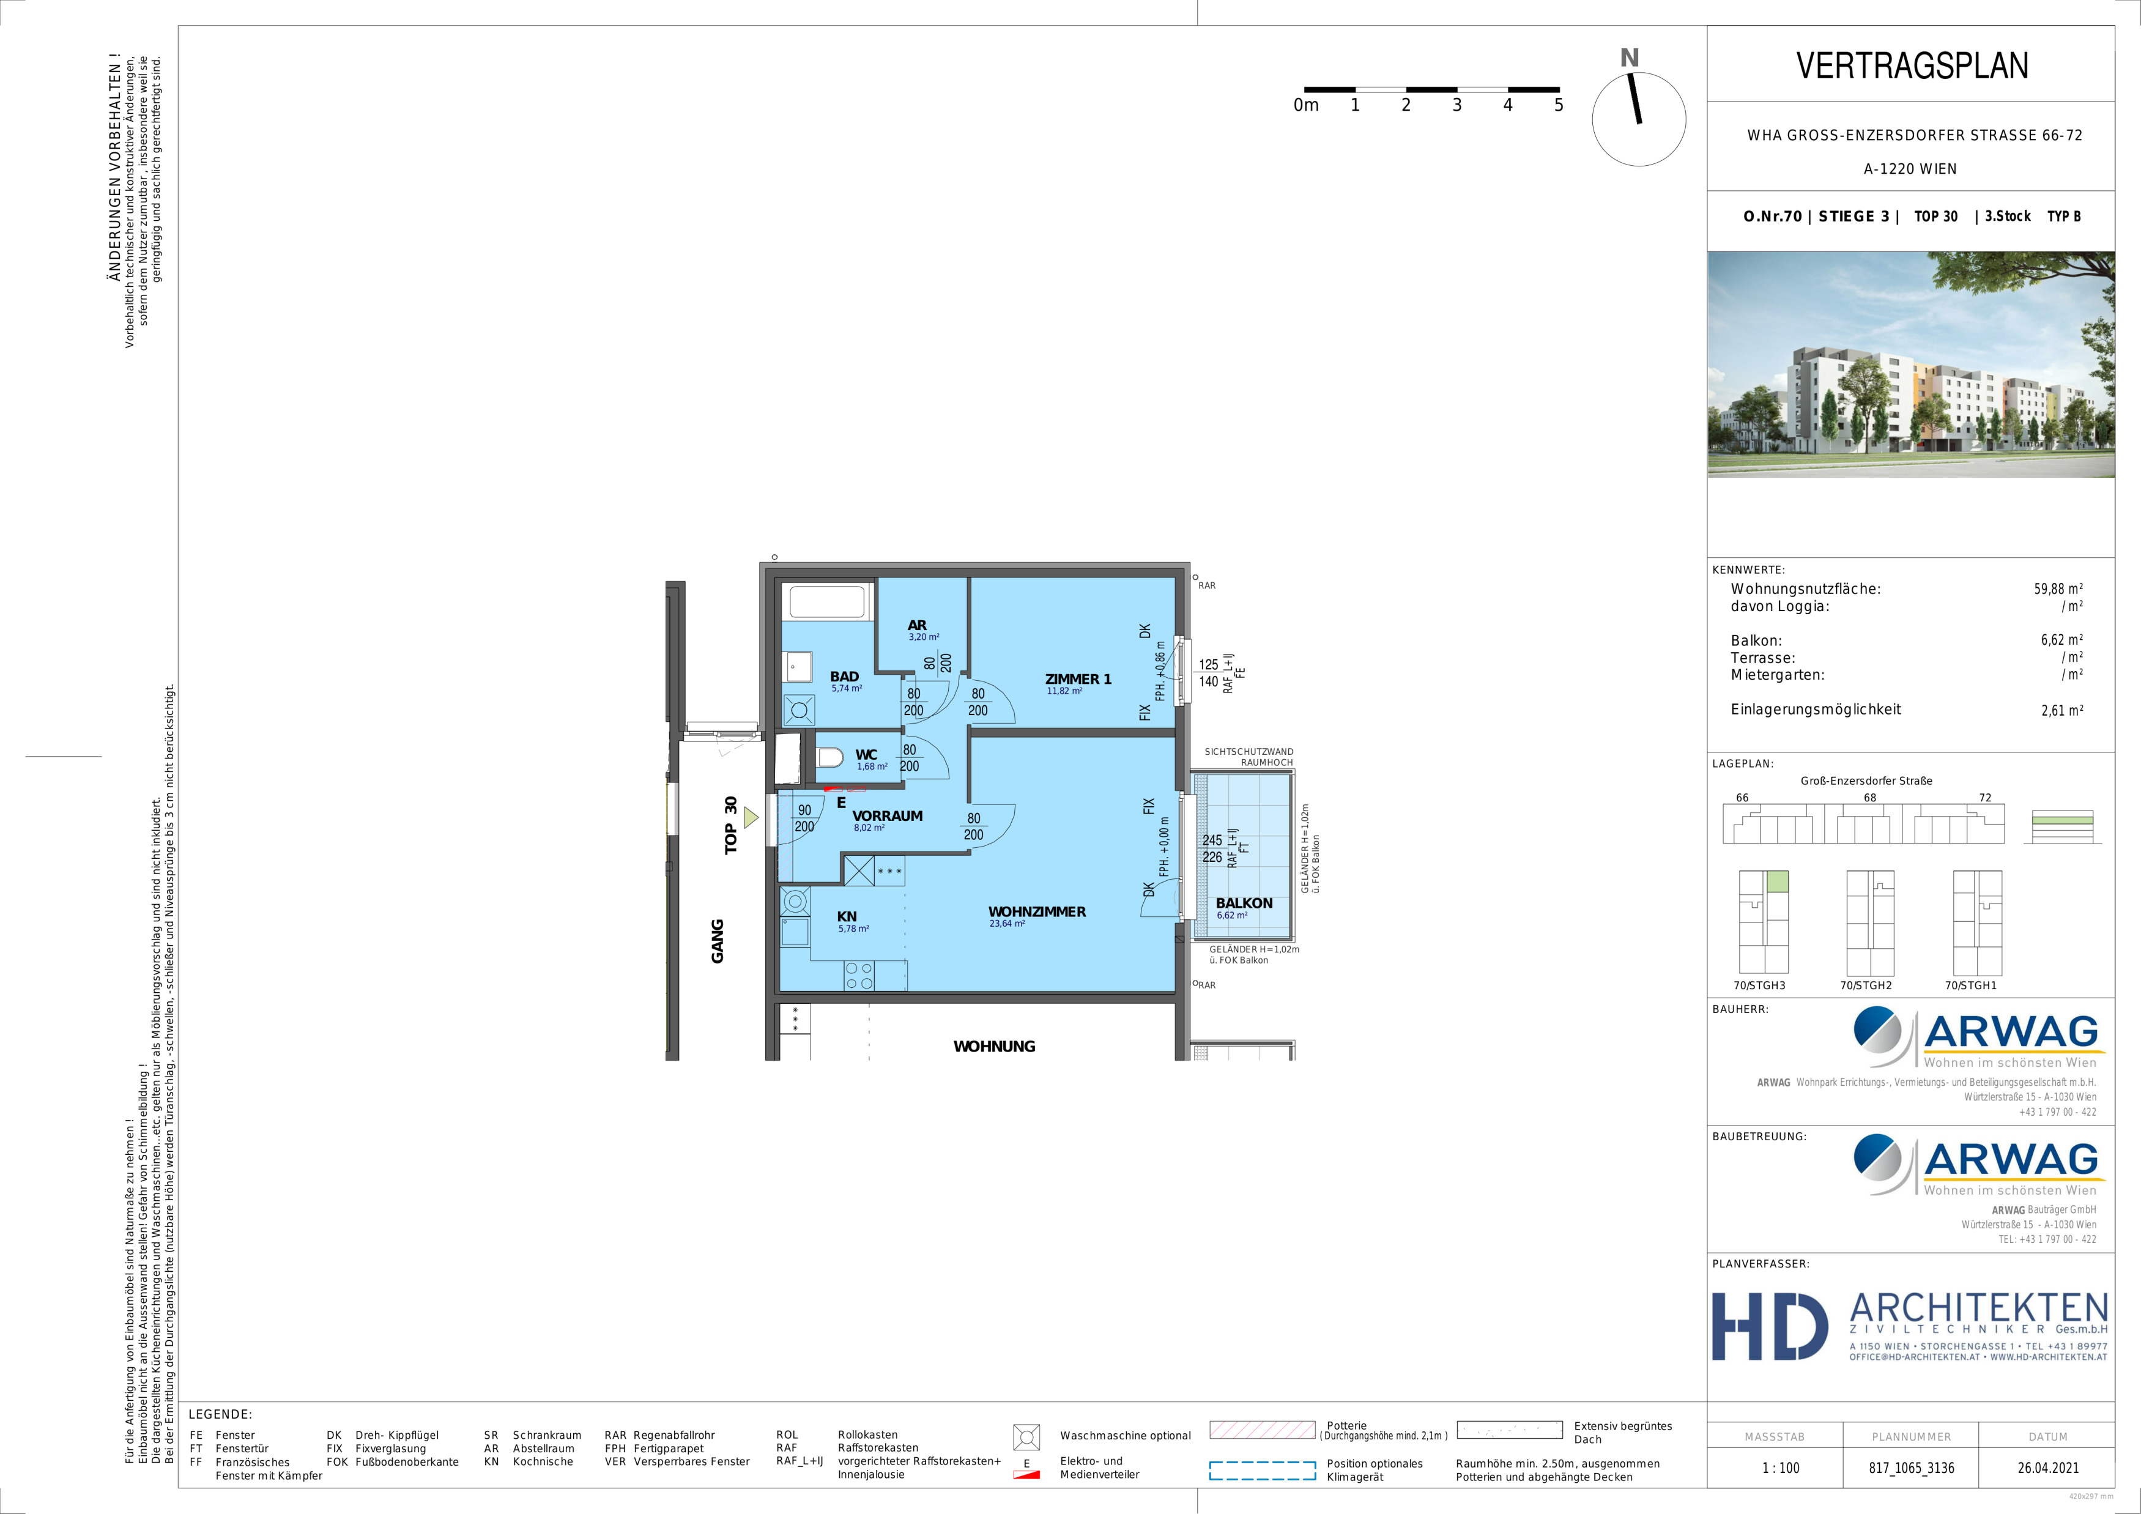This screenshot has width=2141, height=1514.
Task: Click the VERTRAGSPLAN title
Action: [1912, 65]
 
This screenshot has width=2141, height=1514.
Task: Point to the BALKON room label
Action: [1244, 902]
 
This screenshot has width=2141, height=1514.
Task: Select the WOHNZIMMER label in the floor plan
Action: [1037, 911]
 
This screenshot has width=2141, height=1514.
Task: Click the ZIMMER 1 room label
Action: [1078, 678]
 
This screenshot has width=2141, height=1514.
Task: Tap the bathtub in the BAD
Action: [827, 603]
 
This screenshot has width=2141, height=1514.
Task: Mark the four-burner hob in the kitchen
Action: [859, 976]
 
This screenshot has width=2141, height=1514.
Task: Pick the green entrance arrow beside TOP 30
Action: [751, 818]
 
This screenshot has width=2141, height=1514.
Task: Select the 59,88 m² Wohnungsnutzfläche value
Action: [2058, 589]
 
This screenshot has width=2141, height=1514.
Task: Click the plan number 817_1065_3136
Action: [1910, 1468]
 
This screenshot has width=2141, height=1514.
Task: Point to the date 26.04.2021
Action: [2048, 1468]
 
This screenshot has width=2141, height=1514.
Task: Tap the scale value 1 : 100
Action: [1780, 1468]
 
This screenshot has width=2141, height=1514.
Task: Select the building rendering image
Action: [1910, 365]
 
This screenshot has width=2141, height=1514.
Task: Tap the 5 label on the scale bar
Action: [1558, 105]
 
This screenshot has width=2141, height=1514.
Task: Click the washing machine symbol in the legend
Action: [1026, 1437]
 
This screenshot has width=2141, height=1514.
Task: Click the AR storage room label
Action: [918, 626]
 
